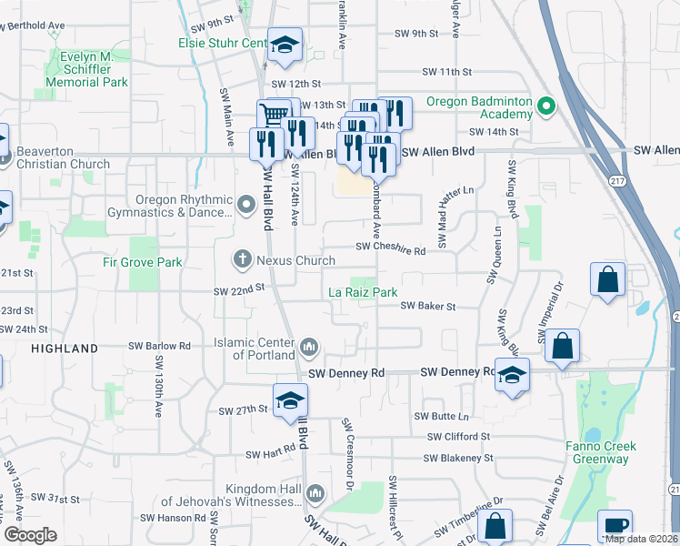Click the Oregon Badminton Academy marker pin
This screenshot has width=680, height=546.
[x=546, y=106]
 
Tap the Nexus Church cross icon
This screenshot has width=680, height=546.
[x=243, y=259]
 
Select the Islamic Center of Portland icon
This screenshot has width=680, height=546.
[x=309, y=346]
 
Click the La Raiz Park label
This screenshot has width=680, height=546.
[x=363, y=293]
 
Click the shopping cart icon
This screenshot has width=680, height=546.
[x=274, y=116]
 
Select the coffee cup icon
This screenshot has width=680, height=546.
[x=615, y=527]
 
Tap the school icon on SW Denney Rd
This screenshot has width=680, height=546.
[x=512, y=375]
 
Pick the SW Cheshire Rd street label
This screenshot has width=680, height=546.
[x=391, y=247]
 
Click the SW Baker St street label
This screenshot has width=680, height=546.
[x=429, y=307]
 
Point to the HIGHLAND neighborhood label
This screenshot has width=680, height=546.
[x=64, y=349]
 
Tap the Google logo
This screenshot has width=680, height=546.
[x=30, y=535]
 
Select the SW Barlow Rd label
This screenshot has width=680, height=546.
[x=159, y=346]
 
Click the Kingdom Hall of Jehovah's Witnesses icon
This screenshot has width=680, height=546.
[x=315, y=493]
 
